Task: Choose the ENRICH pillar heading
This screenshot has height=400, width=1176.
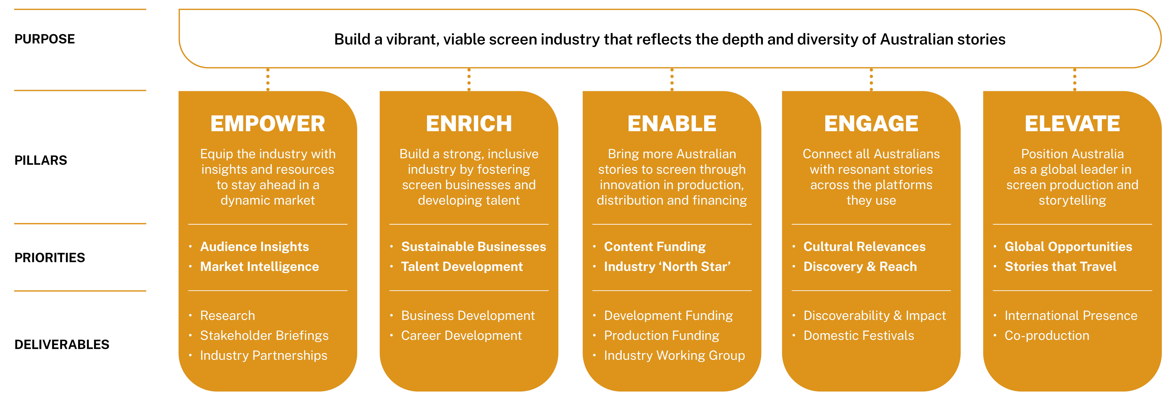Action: point(469,124)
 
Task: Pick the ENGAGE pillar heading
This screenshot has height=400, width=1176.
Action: point(871,124)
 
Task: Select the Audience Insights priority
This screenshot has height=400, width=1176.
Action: point(254,247)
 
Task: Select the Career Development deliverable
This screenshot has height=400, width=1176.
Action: point(461,336)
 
